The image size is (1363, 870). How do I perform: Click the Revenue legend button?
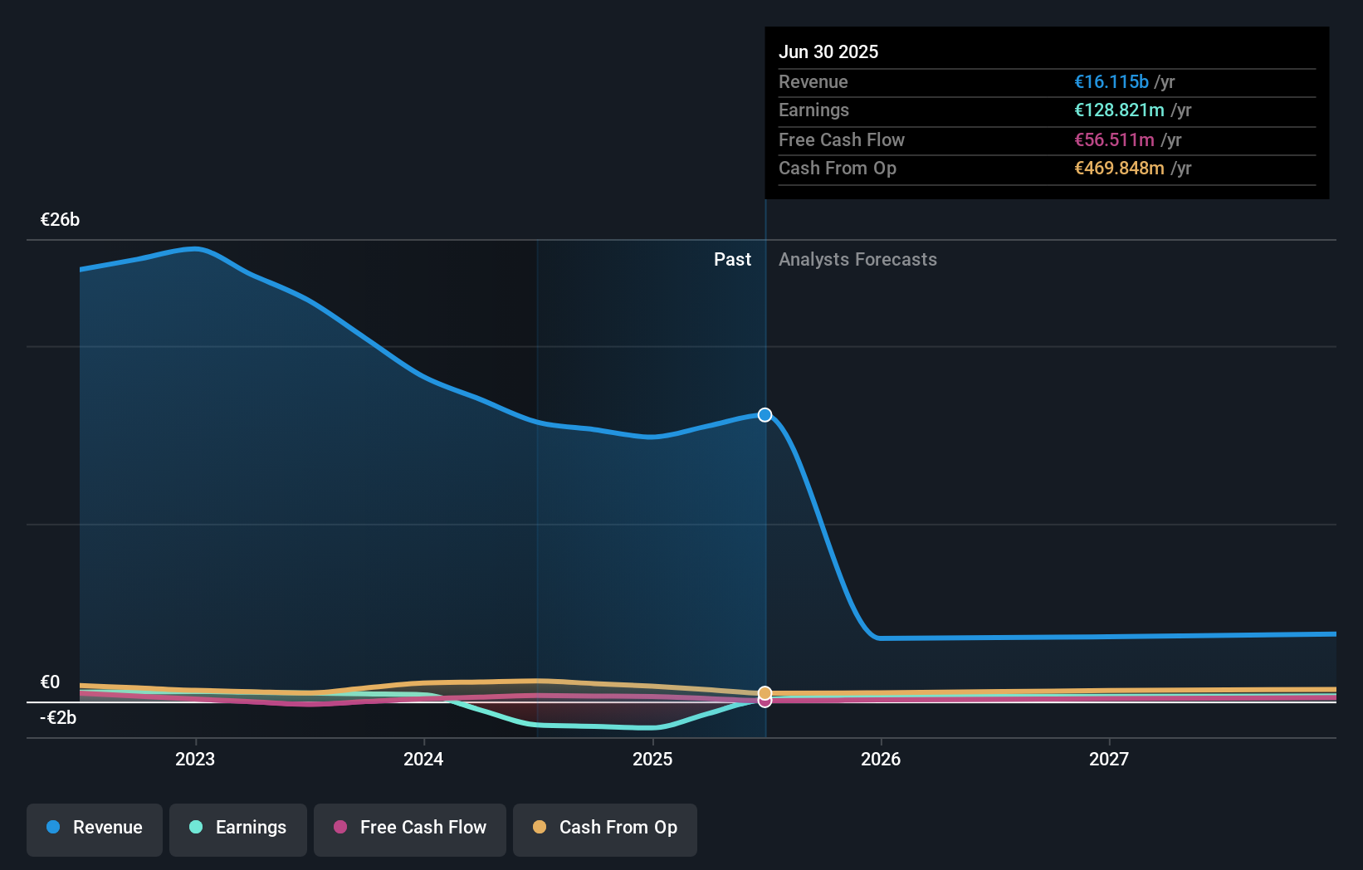point(95,828)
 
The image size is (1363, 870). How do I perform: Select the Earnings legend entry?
point(238,828)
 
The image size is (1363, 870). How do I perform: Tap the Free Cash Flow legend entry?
point(410,828)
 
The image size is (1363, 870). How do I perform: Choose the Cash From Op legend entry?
point(605,828)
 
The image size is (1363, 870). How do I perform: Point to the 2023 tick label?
point(195,759)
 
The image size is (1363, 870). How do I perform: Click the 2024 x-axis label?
point(423,759)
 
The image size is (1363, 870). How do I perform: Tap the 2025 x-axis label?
point(652,759)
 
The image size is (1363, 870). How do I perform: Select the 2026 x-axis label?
point(881,759)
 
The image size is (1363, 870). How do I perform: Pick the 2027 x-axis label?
point(1109,759)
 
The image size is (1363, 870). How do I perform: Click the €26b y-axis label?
point(60,220)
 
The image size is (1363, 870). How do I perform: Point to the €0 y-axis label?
point(50,682)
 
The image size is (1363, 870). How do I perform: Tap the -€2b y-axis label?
point(58,718)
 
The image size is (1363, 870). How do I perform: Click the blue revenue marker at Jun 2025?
point(765,415)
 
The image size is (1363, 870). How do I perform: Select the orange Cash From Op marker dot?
point(765,692)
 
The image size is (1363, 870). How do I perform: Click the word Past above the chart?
point(732,260)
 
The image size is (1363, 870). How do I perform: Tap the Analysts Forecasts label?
point(857,260)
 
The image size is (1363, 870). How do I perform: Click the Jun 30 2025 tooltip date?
point(828,52)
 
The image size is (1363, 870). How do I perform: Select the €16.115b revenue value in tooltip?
point(1111,82)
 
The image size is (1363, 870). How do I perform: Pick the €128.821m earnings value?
point(1119,110)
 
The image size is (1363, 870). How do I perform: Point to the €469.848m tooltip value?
point(1119,169)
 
